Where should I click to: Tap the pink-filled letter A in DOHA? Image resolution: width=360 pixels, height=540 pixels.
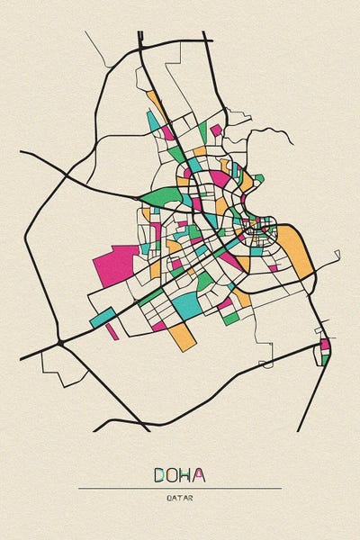(198, 474)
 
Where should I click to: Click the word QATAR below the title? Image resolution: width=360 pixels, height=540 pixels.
(179, 497)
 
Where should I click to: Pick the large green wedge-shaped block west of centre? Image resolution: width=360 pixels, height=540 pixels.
(158, 195)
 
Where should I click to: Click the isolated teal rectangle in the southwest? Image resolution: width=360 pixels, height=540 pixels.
(103, 317)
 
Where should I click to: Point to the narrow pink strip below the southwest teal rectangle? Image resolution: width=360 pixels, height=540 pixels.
(112, 330)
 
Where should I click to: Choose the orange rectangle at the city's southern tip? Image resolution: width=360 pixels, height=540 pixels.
(184, 337)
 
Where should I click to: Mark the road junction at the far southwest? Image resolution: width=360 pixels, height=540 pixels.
(59, 343)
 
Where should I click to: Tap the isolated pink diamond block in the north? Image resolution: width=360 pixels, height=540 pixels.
(215, 130)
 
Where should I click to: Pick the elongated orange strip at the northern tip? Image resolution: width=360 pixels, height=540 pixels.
(155, 100)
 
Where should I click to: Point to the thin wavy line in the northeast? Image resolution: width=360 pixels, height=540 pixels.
(270, 135)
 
